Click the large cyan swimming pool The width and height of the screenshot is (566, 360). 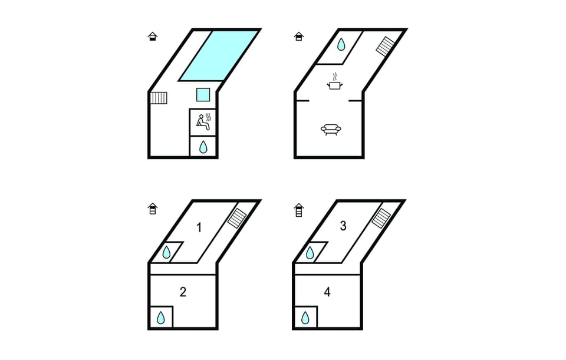[219, 55]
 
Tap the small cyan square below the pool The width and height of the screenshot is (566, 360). [203, 94]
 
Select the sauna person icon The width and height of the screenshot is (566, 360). [203, 122]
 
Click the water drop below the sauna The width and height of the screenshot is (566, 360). [203, 147]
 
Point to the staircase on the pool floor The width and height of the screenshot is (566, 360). [159, 98]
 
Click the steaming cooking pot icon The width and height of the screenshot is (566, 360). [335, 81]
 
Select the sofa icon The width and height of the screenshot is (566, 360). [331, 130]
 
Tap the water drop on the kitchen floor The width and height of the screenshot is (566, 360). [341, 44]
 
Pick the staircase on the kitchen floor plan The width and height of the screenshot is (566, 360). [386, 46]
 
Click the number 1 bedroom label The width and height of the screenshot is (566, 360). [199, 227]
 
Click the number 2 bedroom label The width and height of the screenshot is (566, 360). [183, 292]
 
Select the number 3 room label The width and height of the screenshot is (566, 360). [343, 226]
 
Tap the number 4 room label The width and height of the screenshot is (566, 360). [327, 292]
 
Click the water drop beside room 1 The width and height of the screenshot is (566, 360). [166, 252]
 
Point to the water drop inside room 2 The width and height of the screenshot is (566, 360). [160, 318]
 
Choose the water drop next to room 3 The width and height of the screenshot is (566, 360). [310, 253]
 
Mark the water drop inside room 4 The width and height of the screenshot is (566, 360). [305, 318]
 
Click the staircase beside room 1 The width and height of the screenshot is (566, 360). [237, 218]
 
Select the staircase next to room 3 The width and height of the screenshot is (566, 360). [381, 218]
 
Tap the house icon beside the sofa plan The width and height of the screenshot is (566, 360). [299, 37]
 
